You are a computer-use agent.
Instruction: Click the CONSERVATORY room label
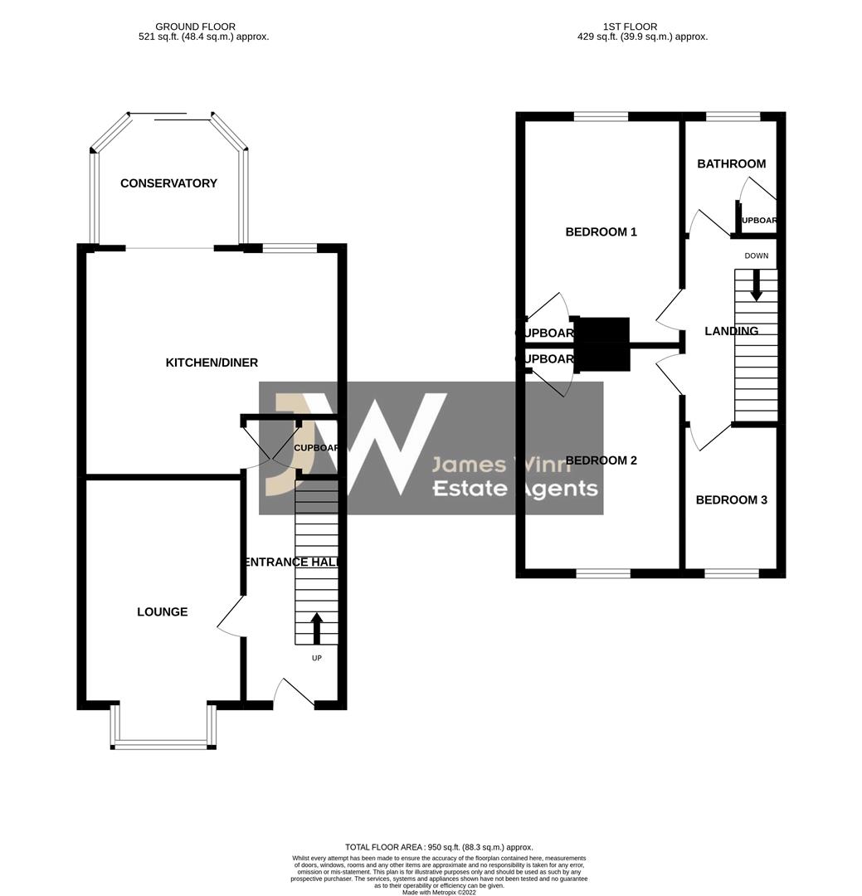click(x=168, y=183)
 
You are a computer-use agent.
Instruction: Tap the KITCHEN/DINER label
click(x=212, y=363)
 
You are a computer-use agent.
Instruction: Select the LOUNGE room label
click(x=163, y=612)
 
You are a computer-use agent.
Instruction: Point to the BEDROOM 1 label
click(x=601, y=232)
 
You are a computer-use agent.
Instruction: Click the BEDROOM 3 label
click(x=731, y=500)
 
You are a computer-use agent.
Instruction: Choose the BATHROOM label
click(x=731, y=164)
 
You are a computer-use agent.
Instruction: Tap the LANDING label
click(x=731, y=331)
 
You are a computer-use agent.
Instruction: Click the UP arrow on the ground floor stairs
click(x=316, y=628)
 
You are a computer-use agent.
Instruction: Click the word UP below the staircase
click(x=316, y=659)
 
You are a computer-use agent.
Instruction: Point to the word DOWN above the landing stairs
click(x=756, y=256)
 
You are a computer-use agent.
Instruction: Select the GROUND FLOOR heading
click(x=196, y=27)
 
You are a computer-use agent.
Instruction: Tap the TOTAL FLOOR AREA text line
click(x=439, y=847)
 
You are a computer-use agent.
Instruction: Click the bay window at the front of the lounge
click(x=163, y=744)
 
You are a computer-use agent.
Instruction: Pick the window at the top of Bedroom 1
click(x=601, y=117)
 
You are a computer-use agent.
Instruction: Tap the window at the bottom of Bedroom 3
click(x=731, y=572)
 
